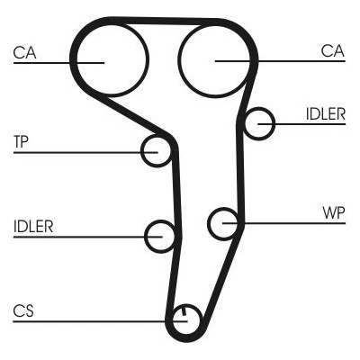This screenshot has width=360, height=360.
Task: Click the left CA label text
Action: [25, 52]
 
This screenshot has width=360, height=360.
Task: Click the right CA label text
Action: [333, 50]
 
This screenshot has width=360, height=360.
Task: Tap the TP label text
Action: [21, 142]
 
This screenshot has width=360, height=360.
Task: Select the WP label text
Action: [334, 213]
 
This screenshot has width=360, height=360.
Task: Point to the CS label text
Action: [23, 310]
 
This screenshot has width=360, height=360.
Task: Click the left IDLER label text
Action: [33, 227]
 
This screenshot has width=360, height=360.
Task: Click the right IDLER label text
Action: [326, 114]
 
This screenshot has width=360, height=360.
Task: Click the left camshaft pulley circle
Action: [77, 60]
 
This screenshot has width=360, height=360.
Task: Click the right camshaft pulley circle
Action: [179, 60]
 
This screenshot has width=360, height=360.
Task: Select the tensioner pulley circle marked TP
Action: [142, 151]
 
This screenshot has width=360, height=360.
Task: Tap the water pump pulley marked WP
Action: [209, 223]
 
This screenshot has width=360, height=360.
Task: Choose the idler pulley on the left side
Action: [146, 237]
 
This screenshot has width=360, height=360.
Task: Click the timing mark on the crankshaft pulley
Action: [184, 311]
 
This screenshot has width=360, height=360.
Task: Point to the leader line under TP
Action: [85, 153]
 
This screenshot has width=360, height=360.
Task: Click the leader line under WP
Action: [283, 223]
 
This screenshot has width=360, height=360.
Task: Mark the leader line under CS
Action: [100, 321]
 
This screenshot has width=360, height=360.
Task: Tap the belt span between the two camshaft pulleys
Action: [165, 21]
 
